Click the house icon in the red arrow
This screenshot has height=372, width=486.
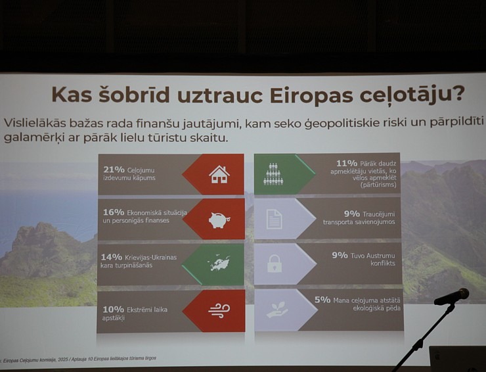[x=219, y=174]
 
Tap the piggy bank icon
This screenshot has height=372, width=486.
[x=219, y=220]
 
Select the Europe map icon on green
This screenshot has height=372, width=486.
[x=219, y=264]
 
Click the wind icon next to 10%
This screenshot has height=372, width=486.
[x=219, y=310]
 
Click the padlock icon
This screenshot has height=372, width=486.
[x=274, y=264]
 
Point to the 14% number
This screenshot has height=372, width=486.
[x=112, y=256]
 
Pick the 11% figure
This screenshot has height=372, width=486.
[x=346, y=162]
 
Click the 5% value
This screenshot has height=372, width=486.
[x=322, y=299]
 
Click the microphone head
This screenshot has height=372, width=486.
[x=453, y=296]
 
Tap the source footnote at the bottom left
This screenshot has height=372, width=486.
[x=79, y=358]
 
